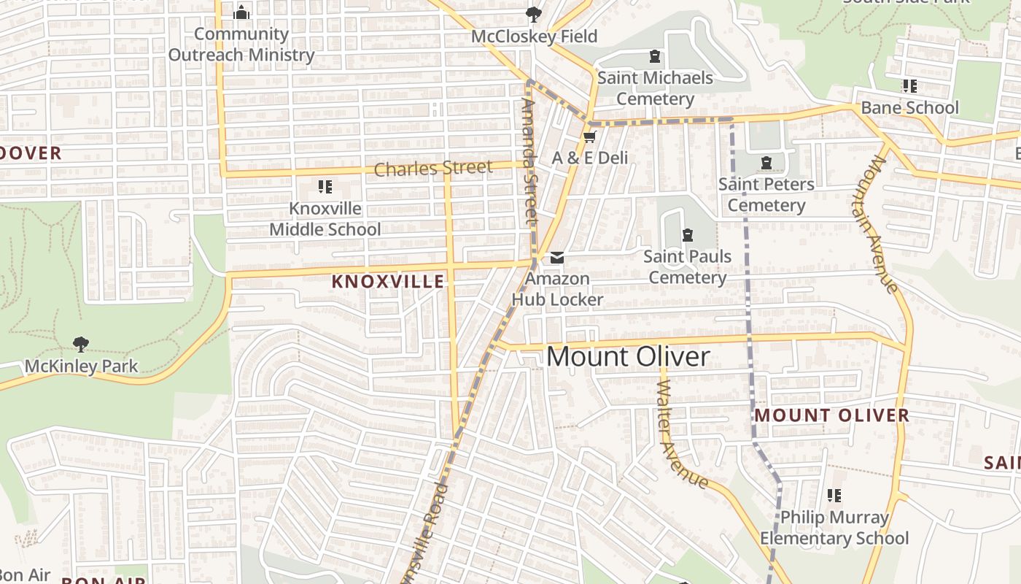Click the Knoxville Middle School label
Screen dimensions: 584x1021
pyautogui.click(x=325, y=218)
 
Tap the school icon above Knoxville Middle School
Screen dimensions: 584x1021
pyautogui.click(x=325, y=187)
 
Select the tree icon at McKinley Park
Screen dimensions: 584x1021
pyautogui.click(x=81, y=344)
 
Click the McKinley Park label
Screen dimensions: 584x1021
pyautogui.click(x=81, y=366)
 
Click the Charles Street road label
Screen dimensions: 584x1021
pyautogui.click(x=433, y=169)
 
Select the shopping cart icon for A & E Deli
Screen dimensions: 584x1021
pyautogui.click(x=590, y=137)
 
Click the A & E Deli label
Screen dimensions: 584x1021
pyautogui.click(x=590, y=158)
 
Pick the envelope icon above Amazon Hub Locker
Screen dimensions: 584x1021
pyautogui.click(x=558, y=257)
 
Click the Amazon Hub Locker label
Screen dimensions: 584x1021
pyautogui.click(x=558, y=289)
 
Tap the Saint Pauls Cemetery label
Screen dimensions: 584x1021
pyautogui.click(x=688, y=267)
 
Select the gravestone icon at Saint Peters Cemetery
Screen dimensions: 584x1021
pyautogui.click(x=766, y=162)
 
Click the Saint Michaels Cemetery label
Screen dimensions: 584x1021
pyautogui.click(x=655, y=88)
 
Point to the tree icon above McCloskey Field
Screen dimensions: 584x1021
pyautogui.click(x=534, y=14)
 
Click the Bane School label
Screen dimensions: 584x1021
pyautogui.click(x=909, y=108)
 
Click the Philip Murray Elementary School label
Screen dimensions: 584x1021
pyautogui.click(x=834, y=528)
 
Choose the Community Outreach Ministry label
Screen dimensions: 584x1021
pyautogui.click(x=241, y=45)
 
